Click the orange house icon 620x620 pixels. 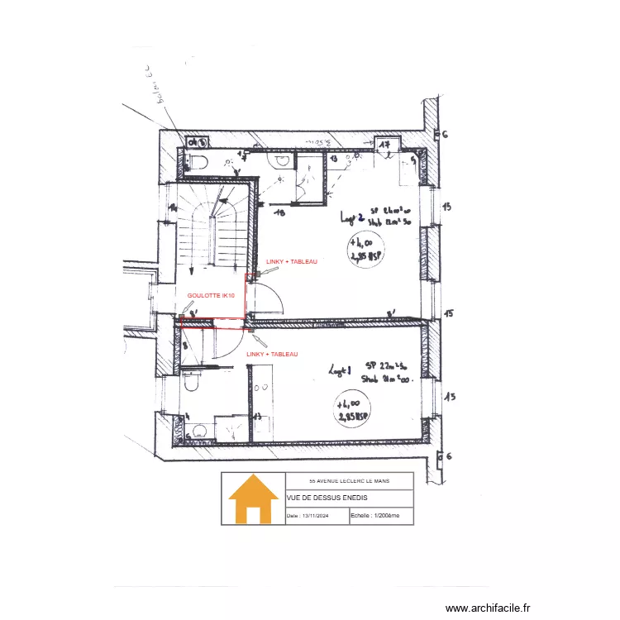[253, 499]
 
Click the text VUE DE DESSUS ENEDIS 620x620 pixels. [327, 498]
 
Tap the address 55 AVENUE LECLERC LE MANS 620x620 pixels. [349, 480]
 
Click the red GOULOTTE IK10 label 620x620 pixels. [211, 295]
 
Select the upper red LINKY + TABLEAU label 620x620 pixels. [291, 261]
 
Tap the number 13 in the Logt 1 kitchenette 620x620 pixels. [257, 417]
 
